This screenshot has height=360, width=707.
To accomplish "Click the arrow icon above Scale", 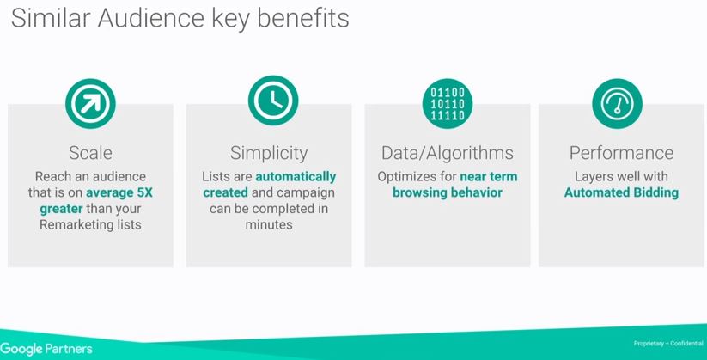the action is point(90,103).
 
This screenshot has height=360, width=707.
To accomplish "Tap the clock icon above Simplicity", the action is point(273,101).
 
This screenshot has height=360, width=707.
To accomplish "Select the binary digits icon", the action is point(448,104).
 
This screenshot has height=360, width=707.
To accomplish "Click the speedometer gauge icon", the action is point(618,103).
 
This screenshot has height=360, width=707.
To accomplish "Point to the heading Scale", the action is point(90,153).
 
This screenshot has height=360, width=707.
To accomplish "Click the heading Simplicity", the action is point(269,154).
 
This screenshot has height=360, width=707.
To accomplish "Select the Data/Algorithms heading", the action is point(448,154).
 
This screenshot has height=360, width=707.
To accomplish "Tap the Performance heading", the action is point(621,153).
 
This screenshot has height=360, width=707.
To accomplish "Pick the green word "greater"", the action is point(61,210).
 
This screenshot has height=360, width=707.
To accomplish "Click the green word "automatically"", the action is point(296,177).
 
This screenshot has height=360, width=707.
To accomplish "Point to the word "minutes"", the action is point(269,224).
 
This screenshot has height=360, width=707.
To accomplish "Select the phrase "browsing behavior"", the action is point(448,192).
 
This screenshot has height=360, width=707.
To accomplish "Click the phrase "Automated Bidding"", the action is point(621,193).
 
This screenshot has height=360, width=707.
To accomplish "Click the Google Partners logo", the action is point(46,349).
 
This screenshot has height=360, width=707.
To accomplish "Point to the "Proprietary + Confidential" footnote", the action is point(668,344).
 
